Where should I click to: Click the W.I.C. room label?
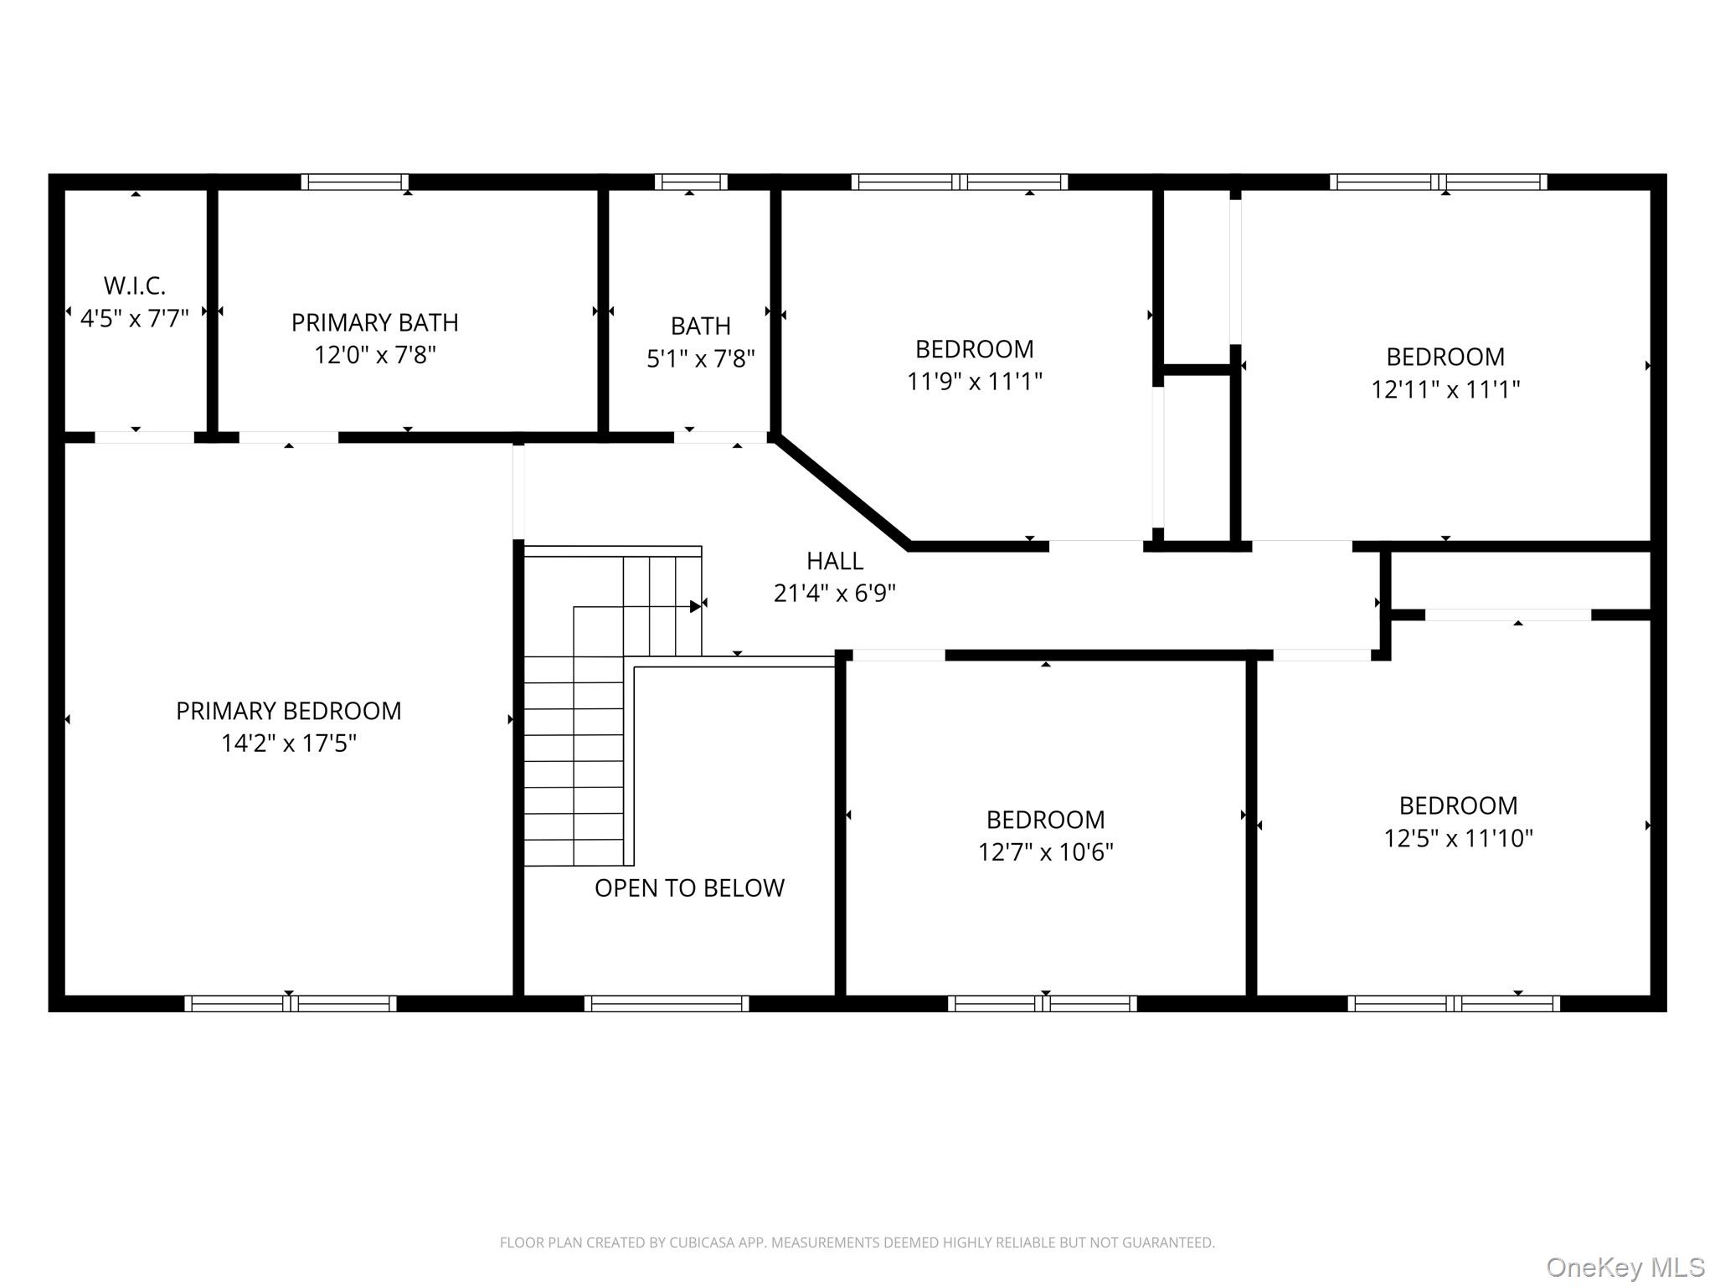[x=135, y=285]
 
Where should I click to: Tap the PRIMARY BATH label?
[x=374, y=322]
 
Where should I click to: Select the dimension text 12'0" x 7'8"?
[x=374, y=355]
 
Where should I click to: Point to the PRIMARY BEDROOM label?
[x=288, y=711]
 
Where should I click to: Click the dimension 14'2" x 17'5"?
[x=288, y=743]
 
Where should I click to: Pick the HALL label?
[x=835, y=560]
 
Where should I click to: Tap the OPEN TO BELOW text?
[x=689, y=887]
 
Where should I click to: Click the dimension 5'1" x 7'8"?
[x=701, y=358]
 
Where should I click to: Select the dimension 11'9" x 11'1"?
[x=975, y=381]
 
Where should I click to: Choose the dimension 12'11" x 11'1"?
[x=1445, y=389]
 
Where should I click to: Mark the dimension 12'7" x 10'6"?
[x=1046, y=851]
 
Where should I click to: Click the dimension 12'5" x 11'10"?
[x=1458, y=838]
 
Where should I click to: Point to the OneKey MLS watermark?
[x=1625, y=1267]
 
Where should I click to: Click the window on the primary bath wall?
[x=355, y=182]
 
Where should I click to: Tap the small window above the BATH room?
[x=691, y=182]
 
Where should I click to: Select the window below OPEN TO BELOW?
[x=667, y=1003]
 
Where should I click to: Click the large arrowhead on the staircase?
[x=696, y=606]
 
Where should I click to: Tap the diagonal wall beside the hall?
[x=842, y=491]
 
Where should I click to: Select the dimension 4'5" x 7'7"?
[x=135, y=318]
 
